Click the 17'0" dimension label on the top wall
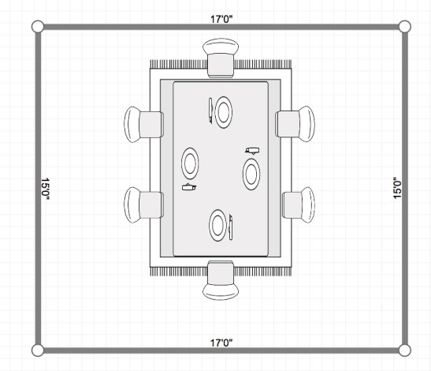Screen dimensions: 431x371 (x=221, y=19)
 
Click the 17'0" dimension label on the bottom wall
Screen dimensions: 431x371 (x=221, y=343)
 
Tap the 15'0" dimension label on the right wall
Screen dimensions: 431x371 (x=397, y=188)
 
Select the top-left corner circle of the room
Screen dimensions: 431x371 (x=38, y=27)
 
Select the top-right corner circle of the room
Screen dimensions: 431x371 (x=405, y=27)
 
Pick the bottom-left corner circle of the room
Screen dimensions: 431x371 (x=38, y=350)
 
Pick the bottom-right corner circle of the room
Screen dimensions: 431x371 (x=405, y=350)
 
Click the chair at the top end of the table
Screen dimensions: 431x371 (x=221, y=58)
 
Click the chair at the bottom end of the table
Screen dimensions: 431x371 (x=221, y=280)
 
